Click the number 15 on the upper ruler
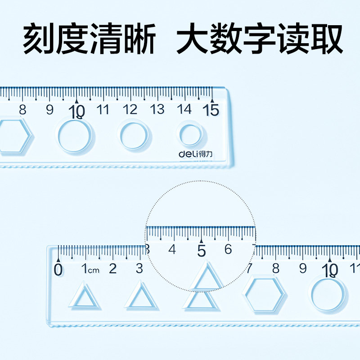[211, 109]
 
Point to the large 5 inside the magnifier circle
[201, 250]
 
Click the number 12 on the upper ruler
[130, 109]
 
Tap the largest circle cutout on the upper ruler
[75, 136]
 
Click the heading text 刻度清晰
[89, 40]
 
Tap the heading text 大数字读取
[260, 40]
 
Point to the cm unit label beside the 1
[93, 270]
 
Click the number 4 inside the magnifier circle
[172, 249]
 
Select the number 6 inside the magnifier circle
[228, 249]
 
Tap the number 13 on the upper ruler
[157, 109]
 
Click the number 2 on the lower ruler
[112, 269]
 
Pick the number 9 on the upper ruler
[49, 110]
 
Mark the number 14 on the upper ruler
[184, 109]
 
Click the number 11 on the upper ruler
[103, 109]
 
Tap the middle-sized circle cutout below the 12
[133, 135]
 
